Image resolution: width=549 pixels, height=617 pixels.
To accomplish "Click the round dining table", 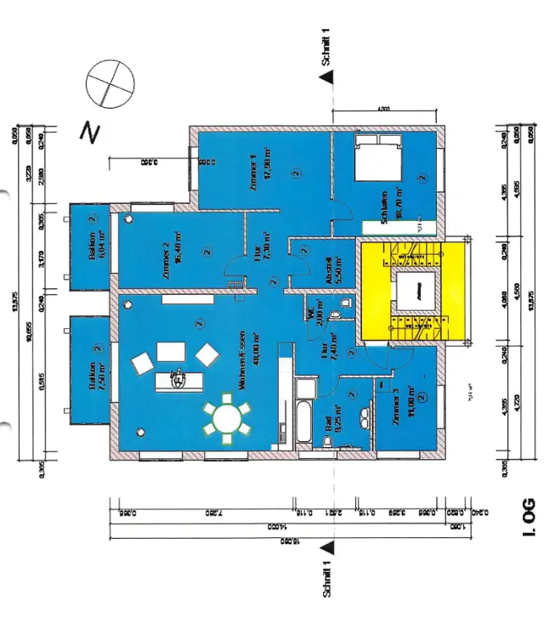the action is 228,417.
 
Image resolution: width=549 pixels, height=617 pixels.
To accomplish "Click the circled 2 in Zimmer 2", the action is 207,252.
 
